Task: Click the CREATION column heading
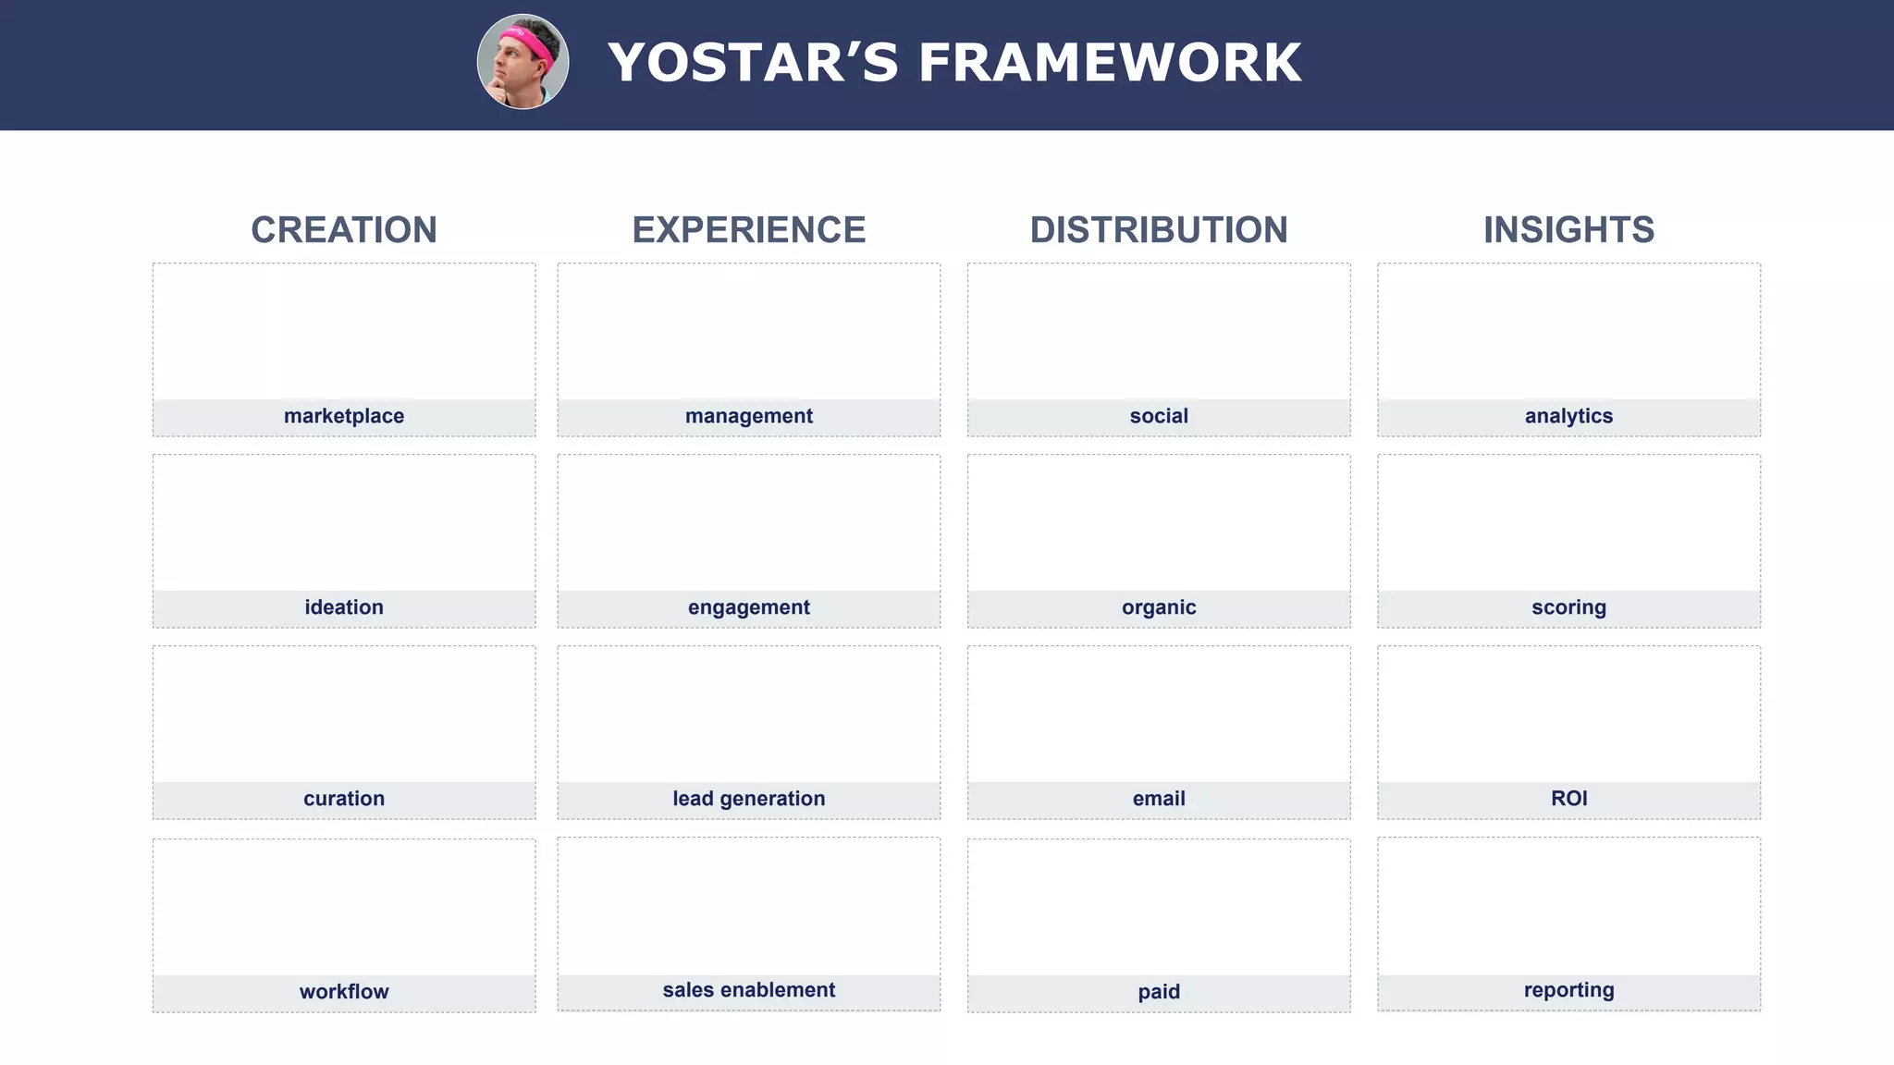344,230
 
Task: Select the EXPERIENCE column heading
749,230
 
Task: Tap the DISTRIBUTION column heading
1159,230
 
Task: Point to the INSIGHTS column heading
1568,230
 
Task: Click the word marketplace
344,416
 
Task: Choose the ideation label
344,607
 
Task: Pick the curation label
344,799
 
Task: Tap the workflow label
344,992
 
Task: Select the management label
749,416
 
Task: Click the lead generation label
749,799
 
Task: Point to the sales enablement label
749,990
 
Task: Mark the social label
1159,416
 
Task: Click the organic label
1159,607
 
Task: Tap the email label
1159,799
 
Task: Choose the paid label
1159,992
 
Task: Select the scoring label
1568,607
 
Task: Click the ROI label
1568,799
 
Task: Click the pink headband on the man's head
529,43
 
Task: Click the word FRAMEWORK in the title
1110,63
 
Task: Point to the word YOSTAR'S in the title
753,63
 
